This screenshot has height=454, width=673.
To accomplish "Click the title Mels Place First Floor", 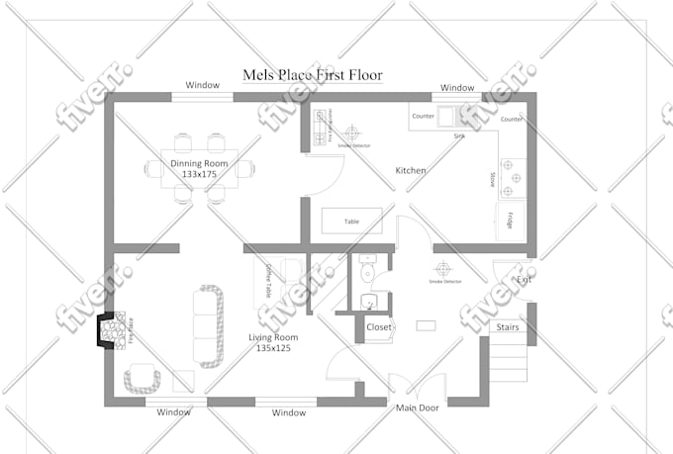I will [313, 74].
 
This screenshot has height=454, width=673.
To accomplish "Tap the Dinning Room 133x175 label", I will [199, 168].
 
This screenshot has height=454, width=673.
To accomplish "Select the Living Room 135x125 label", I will [273, 343].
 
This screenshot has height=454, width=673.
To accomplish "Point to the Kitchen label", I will [411, 171].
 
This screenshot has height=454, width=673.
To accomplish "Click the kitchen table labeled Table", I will [351, 222].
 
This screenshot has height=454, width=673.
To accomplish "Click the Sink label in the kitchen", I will [459, 136].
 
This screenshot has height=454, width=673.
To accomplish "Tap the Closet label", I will [379, 326].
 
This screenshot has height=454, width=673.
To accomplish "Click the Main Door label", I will [418, 406].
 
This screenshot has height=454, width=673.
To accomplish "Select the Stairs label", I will [507, 326].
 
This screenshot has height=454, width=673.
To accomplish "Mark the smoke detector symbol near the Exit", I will [442, 268].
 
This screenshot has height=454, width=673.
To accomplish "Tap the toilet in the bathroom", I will [366, 269].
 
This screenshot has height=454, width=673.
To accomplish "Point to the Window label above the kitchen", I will [457, 88].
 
